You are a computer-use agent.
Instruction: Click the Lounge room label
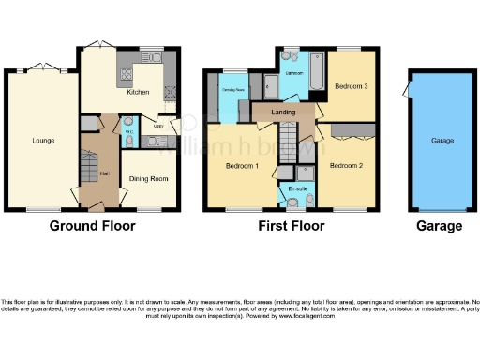tap(42, 141)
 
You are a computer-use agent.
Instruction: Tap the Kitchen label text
tap(138, 93)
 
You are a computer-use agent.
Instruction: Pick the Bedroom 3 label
tap(352, 86)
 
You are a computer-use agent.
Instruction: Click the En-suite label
tap(298, 189)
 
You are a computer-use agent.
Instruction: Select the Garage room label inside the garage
tap(442, 141)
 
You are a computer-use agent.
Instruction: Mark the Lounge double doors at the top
tap(42, 66)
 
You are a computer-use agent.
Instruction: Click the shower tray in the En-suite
tap(305, 172)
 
